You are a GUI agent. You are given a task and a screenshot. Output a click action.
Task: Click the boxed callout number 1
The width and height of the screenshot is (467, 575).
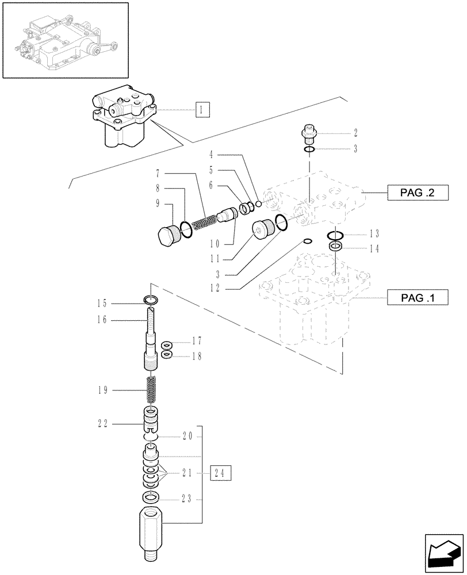click(x=202, y=109)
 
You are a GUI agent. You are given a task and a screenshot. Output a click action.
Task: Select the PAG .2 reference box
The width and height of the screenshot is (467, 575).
click(x=416, y=194)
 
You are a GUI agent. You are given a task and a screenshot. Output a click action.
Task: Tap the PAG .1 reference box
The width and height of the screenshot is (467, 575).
click(x=416, y=297)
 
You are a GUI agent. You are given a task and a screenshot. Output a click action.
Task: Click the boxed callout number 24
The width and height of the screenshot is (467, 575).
click(x=221, y=473)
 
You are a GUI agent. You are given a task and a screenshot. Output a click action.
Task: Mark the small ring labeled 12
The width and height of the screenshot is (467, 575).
click(x=307, y=241)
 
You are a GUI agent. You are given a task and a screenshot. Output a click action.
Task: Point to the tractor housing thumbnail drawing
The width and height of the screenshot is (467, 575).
click(x=63, y=40)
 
